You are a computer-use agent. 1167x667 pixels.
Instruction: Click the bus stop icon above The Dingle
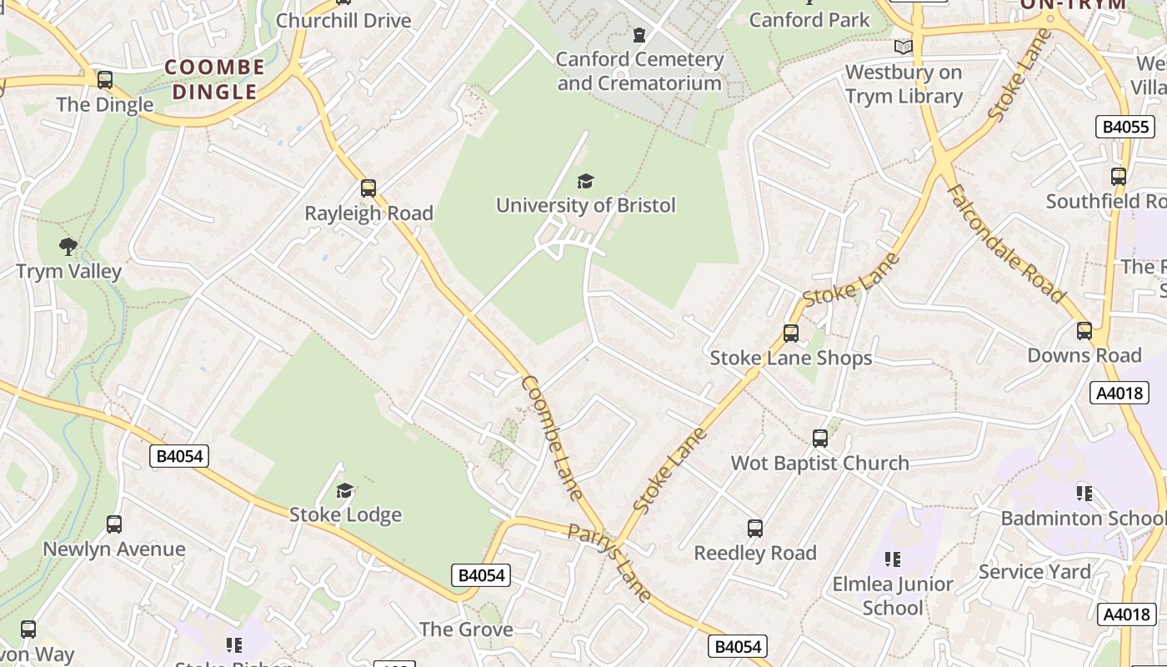[x=105, y=80]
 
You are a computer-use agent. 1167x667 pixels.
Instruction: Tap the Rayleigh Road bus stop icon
[x=368, y=188]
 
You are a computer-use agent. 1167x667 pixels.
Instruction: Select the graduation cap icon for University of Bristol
[x=586, y=181]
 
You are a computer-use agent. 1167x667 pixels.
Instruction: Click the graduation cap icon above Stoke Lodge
[x=345, y=490]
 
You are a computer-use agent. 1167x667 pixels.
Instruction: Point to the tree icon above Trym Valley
[x=68, y=247]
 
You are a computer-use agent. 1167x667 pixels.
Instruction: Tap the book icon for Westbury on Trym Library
[x=903, y=48]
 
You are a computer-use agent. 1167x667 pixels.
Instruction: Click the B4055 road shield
[x=1125, y=127]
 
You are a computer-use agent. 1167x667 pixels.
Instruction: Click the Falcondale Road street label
[x=1006, y=243]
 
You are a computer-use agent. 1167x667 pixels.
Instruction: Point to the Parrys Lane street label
[x=609, y=561]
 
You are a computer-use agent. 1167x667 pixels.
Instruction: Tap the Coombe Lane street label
[x=552, y=437]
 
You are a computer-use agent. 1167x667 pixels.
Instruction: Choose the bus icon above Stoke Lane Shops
[x=791, y=333]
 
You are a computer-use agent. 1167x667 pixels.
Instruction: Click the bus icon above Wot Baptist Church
[x=820, y=439]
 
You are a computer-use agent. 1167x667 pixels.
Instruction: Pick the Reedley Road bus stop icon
[x=755, y=528]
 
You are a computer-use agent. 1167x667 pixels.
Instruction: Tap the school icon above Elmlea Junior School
[x=893, y=559]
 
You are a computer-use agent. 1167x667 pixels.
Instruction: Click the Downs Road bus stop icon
[x=1084, y=331]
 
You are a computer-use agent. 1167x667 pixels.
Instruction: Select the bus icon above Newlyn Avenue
[x=114, y=524]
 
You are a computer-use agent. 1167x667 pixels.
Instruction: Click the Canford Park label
[x=809, y=20]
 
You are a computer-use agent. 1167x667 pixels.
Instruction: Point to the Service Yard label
[x=1034, y=572]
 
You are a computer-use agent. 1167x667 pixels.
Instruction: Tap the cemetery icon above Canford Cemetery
[x=639, y=35]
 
